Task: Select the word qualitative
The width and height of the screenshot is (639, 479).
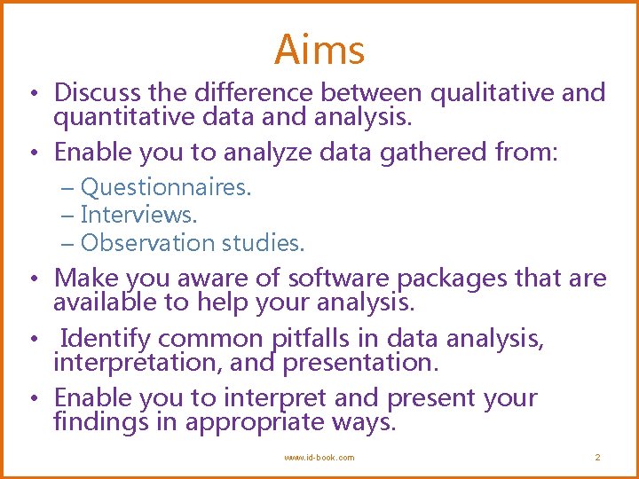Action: click(493, 93)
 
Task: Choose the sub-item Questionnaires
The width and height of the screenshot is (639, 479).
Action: click(165, 188)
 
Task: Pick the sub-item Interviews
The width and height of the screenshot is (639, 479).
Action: click(138, 215)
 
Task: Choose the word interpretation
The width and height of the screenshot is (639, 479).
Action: click(145, 363)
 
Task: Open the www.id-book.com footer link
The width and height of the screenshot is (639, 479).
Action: click(319, 458)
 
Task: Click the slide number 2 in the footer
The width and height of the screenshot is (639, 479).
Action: click(597, 458)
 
